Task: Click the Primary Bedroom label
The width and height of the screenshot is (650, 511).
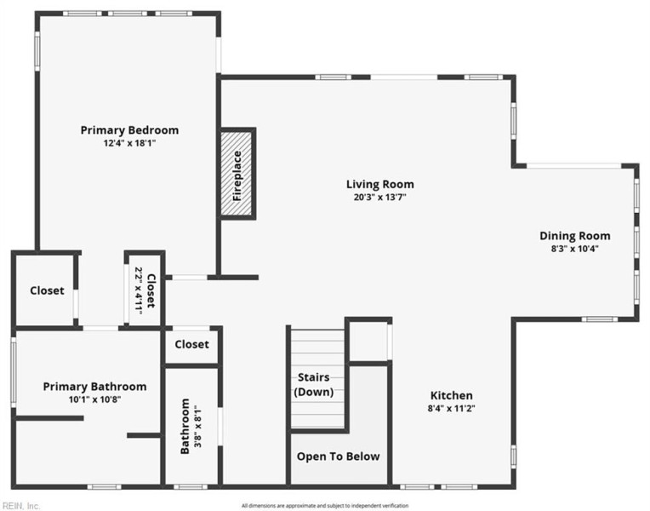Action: pyautogui.click(x=129, y=130)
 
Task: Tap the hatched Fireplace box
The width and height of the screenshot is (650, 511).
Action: pyautogui.click(x=237, y=174)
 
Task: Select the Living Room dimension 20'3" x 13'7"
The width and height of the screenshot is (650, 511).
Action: pyautogui.click(x=379, y=198)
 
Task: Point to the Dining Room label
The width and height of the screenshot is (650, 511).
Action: pyautogui.click(x=574, y=236)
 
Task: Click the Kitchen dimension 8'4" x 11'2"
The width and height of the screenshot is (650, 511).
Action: pyautogui.click(x=451, y=409)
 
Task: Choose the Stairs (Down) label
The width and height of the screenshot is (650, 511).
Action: pyautogui.click(x=314, y=384)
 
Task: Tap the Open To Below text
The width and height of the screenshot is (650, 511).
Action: pyautogui.click(x=339, y=456)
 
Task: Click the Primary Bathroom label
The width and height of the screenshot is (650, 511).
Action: pyautogui.click(x=94, y=387)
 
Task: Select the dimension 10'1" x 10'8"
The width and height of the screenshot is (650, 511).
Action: pyautogui.click(x=94, y=399)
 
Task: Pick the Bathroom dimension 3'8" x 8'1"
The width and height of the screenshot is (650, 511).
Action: pyautogui.click(x=197, y=427)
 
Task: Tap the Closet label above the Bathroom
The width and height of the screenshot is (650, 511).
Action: pyautogui.click(x=191, y=344)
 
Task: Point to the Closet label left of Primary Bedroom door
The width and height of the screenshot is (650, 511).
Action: pyautogui.click(x=47, y=290)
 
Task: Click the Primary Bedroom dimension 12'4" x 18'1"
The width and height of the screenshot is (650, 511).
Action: pyautogui.click(x=129, y=144)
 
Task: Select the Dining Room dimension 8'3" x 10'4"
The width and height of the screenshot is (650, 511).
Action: pyautogui.click(x=574, y=249)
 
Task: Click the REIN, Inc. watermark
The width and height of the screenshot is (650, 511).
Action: pyautogui.click(x=20, y=506)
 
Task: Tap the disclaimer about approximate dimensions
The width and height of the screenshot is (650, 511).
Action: pyautogui.click(x=325, y=506)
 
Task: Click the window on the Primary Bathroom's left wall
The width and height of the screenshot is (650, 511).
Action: pyautogui.click(x=14, y=372)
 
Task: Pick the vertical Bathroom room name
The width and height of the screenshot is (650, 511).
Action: pyautogui.click(x=185, y=427)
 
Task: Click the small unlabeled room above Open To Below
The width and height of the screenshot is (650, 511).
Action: pyautogui.click(x=368, y=342)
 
